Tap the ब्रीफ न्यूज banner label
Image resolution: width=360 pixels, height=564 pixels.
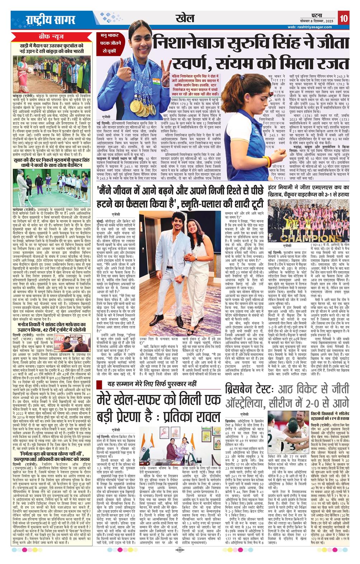pos(52,37)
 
